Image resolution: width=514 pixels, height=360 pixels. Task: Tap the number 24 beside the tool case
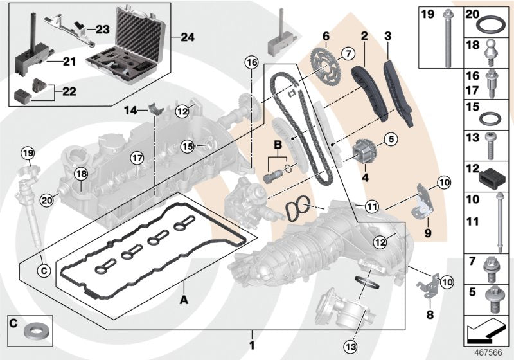click(187, 38)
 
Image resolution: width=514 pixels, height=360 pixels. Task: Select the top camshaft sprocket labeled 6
click(321, 63)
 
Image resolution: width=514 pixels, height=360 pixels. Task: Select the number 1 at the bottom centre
click(252, 336)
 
